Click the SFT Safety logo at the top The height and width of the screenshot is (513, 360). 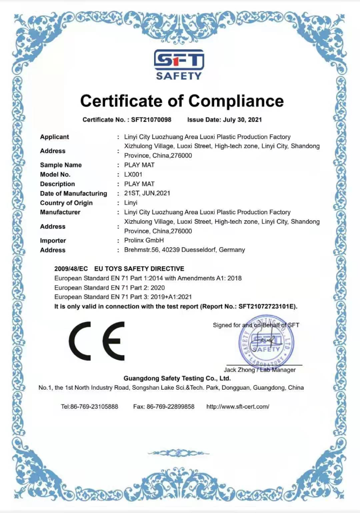(179, 64)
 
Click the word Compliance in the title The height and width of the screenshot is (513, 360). (236, 101)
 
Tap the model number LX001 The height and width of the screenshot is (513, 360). (133, 175)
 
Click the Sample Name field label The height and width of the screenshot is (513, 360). (61, 165)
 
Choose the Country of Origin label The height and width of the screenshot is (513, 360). (66, 203)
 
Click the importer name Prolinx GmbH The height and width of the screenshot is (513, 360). (144, 240)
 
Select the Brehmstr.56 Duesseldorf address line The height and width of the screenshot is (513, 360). (184, 250)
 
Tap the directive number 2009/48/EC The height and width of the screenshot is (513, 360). (71, 269)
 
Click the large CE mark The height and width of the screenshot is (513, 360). (96, 341)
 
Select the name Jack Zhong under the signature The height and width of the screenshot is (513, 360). (239, 370)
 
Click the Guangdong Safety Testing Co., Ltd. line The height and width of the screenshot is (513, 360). (177, 379)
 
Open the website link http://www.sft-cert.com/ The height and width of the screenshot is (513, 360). (238, 406)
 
